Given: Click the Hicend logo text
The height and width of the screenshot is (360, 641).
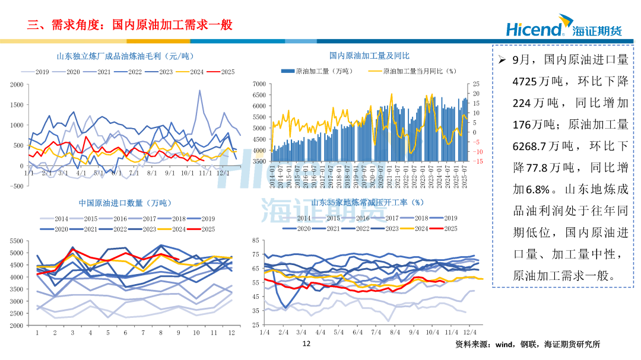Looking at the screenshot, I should (534, 28).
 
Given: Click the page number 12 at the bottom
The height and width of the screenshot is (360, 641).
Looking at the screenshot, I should (306, 344).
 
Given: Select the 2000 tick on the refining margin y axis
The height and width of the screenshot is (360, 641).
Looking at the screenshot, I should (17, 85).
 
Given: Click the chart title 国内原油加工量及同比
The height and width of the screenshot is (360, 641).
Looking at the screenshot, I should (369, 56).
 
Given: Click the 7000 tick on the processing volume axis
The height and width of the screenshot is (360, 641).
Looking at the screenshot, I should (259, 84).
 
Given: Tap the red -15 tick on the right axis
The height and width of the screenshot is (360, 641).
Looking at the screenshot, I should (477, 161).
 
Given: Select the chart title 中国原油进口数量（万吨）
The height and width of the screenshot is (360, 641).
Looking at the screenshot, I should (119, 203).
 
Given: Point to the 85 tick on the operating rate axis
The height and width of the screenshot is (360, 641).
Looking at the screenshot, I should (255, 240).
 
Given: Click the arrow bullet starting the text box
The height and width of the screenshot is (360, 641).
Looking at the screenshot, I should (501, 60).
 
